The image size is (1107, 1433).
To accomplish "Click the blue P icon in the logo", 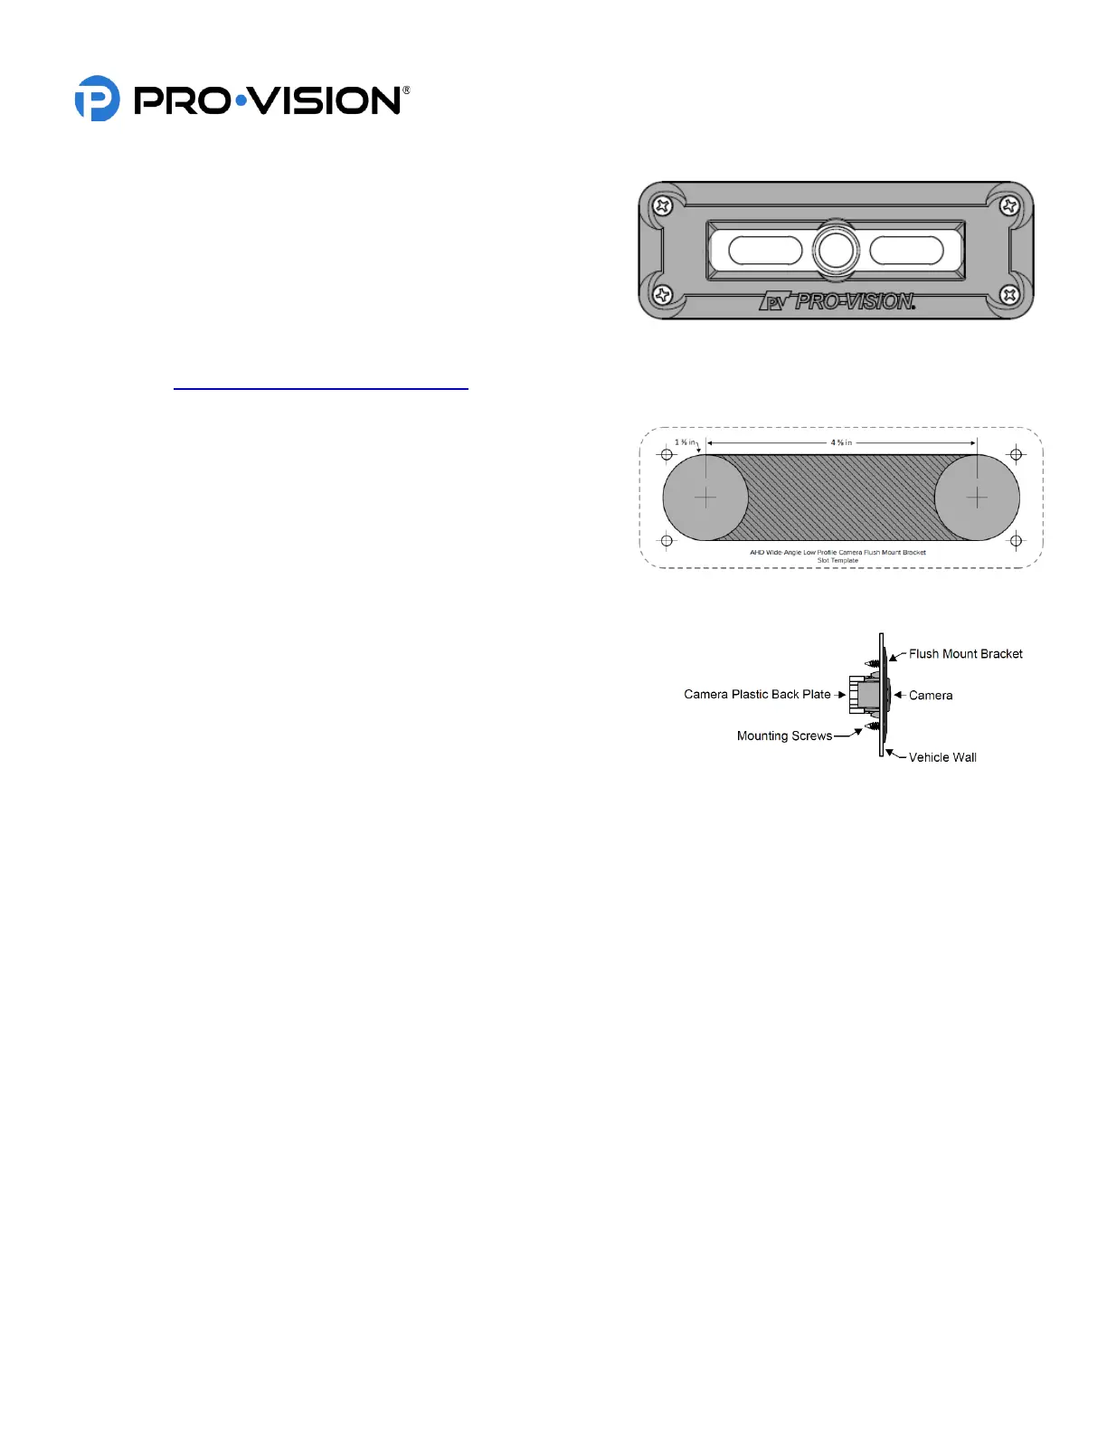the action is click(x=97, y=99).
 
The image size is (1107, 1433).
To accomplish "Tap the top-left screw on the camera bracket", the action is click(x=663, y=206).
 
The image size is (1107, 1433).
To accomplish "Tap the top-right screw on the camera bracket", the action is click(x=1009, y=206).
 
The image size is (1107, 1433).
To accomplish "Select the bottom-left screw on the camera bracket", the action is click(x=663, y=295).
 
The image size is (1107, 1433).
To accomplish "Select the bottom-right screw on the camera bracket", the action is click(x=1009, y=295).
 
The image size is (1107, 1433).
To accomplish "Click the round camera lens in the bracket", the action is click(x=836, y=250).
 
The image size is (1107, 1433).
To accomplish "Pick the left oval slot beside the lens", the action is click(x=765, y=251).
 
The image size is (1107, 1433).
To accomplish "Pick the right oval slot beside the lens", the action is click(x=906, y=251).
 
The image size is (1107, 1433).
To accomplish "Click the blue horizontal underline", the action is click(x=321, y=388).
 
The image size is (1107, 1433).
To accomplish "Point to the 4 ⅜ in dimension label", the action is click(x=841, y=442).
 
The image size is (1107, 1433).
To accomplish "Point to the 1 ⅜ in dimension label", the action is click(x=685, y=442).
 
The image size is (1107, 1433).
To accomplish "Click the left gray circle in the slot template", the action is click(x=705, y=498).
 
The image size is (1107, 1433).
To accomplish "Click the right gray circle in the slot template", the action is click(x=977, y=498).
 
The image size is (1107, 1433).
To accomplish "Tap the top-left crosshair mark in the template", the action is click(x=667, y=454).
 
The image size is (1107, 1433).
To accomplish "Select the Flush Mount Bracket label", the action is click(x=965, y=654).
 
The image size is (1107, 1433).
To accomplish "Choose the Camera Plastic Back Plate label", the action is click(x=757, y=695).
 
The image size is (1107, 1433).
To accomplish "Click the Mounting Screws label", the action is click(x=784, y=736).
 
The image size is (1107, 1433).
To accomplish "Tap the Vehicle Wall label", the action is click(x=942, y=758).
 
